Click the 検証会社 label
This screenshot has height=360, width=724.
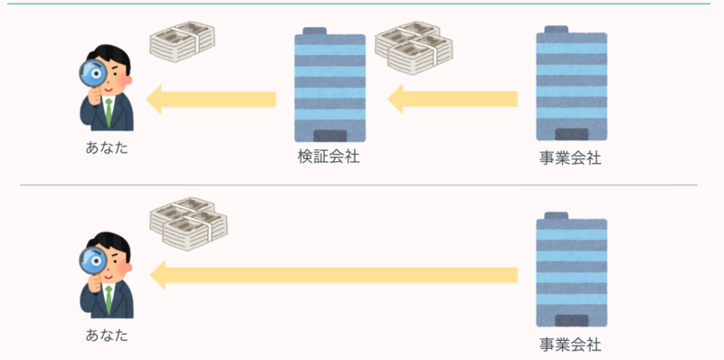pos(329,157)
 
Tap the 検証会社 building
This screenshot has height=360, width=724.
pos(330,84)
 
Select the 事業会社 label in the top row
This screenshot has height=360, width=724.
pos(570,158)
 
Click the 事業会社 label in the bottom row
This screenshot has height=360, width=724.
pos(570,345)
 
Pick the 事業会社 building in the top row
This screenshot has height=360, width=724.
pos(572,83)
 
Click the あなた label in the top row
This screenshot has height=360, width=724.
pos(107,148)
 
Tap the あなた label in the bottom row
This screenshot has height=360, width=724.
pos(107,335)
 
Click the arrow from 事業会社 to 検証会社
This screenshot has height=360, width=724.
pos(452,99)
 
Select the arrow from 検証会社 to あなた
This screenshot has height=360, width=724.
pos(211,99)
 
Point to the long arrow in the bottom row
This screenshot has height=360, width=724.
pos(334,275)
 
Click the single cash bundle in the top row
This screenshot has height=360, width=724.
pos(183,42)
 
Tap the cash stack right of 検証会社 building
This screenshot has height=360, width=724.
pos(414,48)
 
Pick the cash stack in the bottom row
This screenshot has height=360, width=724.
pos(189,224)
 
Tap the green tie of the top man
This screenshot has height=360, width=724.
pos(109,112)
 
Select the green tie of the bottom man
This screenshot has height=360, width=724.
pos(109,299)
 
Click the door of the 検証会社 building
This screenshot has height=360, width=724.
pos(330,136)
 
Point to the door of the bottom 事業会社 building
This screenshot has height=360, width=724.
pos(572,321)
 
